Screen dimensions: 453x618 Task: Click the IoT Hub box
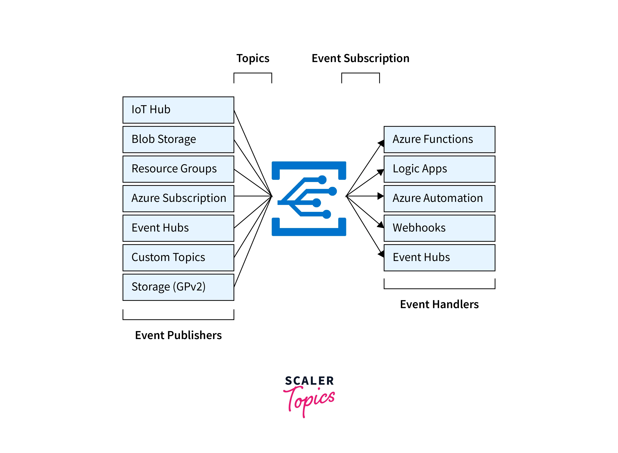[x=178, y=110]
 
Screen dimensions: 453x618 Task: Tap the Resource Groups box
[x=178, y=169]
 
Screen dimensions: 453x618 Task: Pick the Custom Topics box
[x=178, y=258]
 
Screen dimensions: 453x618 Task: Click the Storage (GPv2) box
[x=178, y=287]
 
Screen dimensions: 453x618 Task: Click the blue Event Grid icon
[x=309, y=199]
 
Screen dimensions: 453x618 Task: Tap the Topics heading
[x=253, y=58]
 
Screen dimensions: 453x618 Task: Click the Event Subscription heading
[x=360, y=58]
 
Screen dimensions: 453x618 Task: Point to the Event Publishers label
[x=178, y=335]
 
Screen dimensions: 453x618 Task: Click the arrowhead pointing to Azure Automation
[x=380, y=196]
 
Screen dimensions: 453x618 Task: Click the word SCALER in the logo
[x=309, y=381]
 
